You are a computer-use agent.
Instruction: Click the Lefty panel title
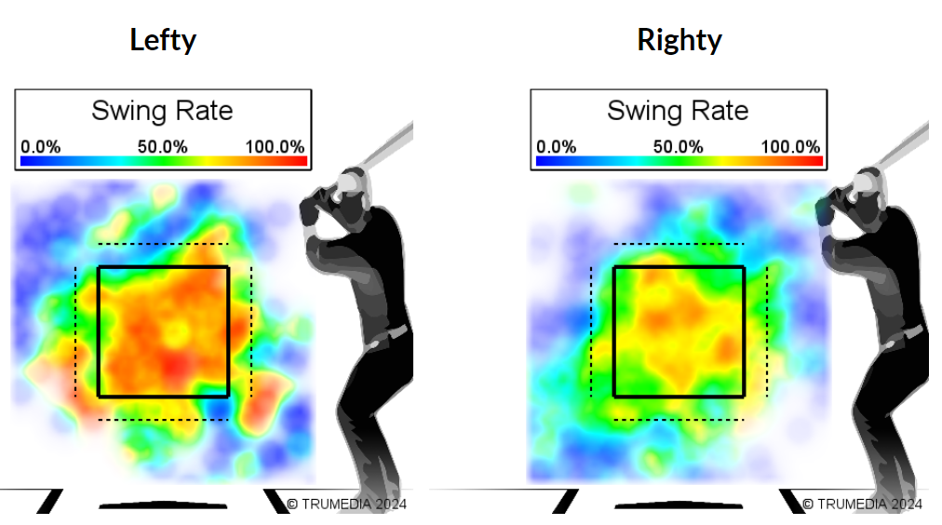click(163, 40)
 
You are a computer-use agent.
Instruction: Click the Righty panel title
click(679, 40)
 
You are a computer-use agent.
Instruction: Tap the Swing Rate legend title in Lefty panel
click(162, 111)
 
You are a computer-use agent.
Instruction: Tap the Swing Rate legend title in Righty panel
click(678, 111)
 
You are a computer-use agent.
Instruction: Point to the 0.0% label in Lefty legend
click(40, 147)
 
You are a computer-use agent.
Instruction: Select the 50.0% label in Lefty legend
click(162, 147)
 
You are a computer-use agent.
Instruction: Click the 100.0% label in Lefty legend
click(276, 147)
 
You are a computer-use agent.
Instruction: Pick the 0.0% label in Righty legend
click(556, 147)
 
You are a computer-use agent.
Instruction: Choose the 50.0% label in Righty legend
click(678, 147)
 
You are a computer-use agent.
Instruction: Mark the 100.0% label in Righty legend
click(791, 147)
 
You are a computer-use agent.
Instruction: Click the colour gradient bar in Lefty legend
click(163, 161)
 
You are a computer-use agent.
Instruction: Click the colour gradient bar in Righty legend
click(679, 161)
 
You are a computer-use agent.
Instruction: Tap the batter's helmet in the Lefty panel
click(350, 181)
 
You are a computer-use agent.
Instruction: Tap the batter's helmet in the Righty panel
click(867, 181)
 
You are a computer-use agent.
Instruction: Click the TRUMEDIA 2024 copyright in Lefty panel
click(346, 504)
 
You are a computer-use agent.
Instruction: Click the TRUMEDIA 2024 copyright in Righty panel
click(862, 504)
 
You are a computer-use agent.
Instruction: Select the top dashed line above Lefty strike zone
click(162, 245)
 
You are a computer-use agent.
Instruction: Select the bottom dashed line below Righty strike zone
click(678, 420)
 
